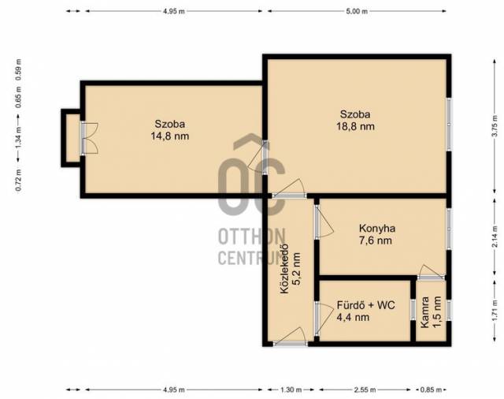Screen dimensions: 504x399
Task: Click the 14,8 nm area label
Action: (x=170, y=136)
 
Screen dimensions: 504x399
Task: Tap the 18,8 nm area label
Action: (x=355, y=126)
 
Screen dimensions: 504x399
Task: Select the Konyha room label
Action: (x=377, y=229)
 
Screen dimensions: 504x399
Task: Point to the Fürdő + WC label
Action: (x=365, y=305)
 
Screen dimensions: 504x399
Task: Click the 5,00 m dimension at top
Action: (x=357, y=11)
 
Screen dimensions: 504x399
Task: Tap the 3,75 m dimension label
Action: (x=495, y=126)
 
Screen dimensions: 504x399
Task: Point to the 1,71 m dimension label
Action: (x=495, y=311)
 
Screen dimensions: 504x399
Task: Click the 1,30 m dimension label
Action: (x=291, y=390)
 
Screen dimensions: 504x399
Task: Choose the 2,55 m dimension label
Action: (x=365, y=390)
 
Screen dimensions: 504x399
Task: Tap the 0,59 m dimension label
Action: (x=19, y=70)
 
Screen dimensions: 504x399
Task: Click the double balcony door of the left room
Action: (x=89, y=138)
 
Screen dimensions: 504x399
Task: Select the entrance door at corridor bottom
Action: (x=291, y=337)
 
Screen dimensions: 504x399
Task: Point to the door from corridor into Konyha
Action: (x=324, y=222)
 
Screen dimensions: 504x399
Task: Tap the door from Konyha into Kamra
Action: (x=432, y=272)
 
